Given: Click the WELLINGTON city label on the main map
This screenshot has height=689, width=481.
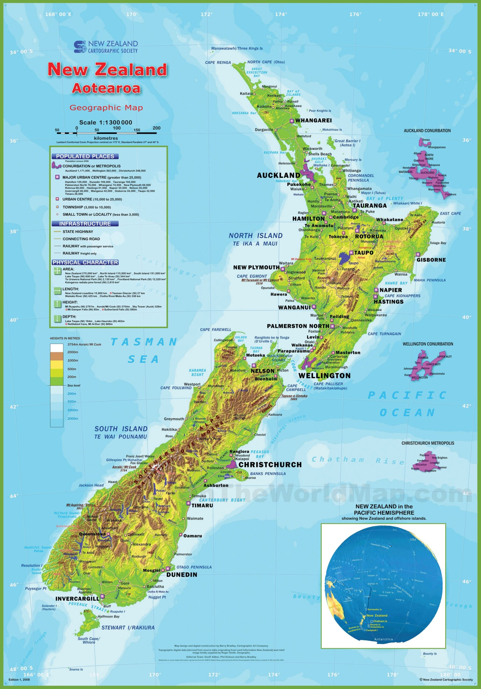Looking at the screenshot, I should [x=324, y=376].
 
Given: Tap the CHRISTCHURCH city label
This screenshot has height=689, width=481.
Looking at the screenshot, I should [x=270, y=465].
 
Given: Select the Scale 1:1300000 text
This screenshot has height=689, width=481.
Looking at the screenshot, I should [x=105, y=122].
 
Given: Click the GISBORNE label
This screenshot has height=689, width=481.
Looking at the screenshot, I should [x=431, y=260].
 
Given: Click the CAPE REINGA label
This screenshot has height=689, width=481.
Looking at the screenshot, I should [x=218, y=62].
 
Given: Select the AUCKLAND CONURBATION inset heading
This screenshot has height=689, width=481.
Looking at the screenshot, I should [x=427, y=131].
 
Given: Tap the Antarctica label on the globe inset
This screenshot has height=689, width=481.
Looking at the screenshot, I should [x=383, y=639].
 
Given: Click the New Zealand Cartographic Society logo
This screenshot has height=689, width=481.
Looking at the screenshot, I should [x=105, y=47].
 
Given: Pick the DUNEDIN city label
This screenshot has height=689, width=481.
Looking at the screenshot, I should [x=182, y=575].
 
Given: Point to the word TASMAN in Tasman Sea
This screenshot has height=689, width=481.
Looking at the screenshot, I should [x=144, y=342].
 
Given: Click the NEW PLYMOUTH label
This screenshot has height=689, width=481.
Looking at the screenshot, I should [x=256, y=267].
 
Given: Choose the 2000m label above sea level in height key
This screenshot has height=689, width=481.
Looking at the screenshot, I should [x=73, y=352].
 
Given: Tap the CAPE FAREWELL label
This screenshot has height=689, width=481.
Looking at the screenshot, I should [x=215, y=329].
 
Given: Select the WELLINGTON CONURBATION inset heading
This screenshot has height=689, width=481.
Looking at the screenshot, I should [x=428, y=344].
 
